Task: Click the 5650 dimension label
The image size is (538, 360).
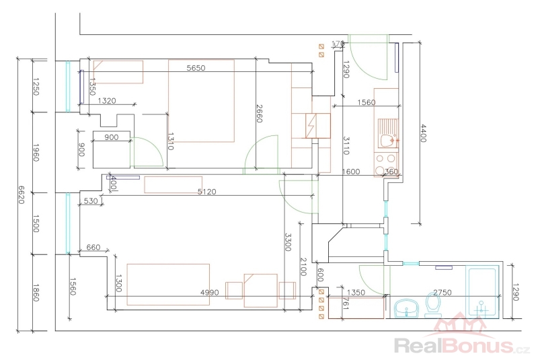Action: click(196, 67)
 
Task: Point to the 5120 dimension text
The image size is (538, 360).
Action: click(206, 192)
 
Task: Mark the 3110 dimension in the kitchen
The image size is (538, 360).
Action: click(346, 146)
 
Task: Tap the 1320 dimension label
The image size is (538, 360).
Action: click(107, 101)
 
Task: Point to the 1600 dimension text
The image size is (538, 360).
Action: click(351, 172)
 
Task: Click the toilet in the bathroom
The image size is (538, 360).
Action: click(432, 308)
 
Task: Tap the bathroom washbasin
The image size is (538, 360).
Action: click(406, 308)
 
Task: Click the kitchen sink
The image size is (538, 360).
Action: click(386, 140)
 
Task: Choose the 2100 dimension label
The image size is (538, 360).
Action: click(303, 264)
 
